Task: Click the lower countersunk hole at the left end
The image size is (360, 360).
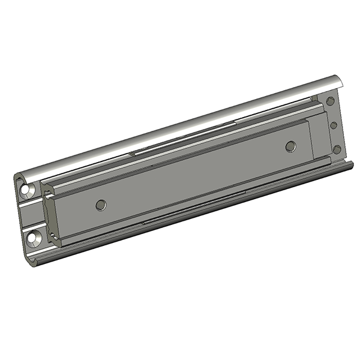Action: pyautogui.click(x=33, y=238)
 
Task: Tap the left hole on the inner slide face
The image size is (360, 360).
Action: pyautogui.click(x=100, y=205)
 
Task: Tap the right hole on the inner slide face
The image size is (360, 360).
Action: pyautogui.click(x=291, y=146)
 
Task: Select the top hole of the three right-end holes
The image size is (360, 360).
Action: pyautogui.click(x=331, y=103)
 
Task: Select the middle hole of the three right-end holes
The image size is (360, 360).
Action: pyautogui.click(x=333, y=125)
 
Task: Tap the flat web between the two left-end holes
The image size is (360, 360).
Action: pyautogui.click(x=30, y=214)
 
